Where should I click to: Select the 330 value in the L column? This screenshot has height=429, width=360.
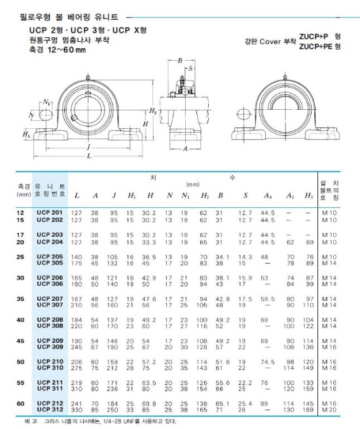click(x=77, y=409)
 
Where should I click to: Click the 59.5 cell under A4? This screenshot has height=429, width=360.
click(x=266, y=299)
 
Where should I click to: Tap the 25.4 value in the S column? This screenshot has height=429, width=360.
click(x=245, y=403)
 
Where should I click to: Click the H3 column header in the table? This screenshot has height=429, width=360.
click(x=308, y=196)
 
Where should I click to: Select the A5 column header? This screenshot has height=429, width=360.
click(x=289, y=196)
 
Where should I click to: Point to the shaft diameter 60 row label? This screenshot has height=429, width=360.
click(x=20, y=403)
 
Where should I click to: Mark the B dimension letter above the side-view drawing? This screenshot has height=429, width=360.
click(x=179, y=61)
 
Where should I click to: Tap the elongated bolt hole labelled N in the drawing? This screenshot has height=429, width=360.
click(x=48, y=115)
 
